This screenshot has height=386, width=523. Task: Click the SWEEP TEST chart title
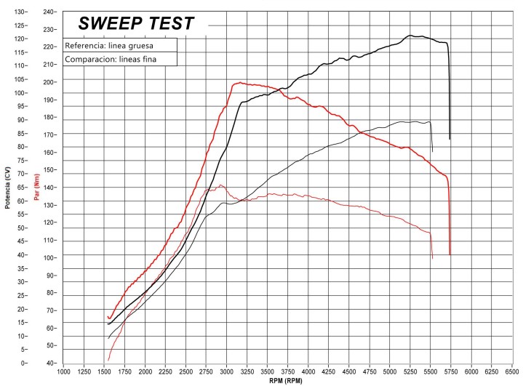coord(136,23)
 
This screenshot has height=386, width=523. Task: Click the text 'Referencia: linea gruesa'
coord(109,46)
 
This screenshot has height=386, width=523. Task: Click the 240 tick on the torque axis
coord(49,12)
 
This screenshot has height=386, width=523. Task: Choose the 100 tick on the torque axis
coord(49,258)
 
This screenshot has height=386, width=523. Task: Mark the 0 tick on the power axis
coord(23,363)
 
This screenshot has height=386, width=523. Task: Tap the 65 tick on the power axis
coord(21,188)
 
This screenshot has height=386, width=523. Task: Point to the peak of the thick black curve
coord(410,35)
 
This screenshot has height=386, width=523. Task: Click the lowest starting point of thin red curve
coord(108,360)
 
